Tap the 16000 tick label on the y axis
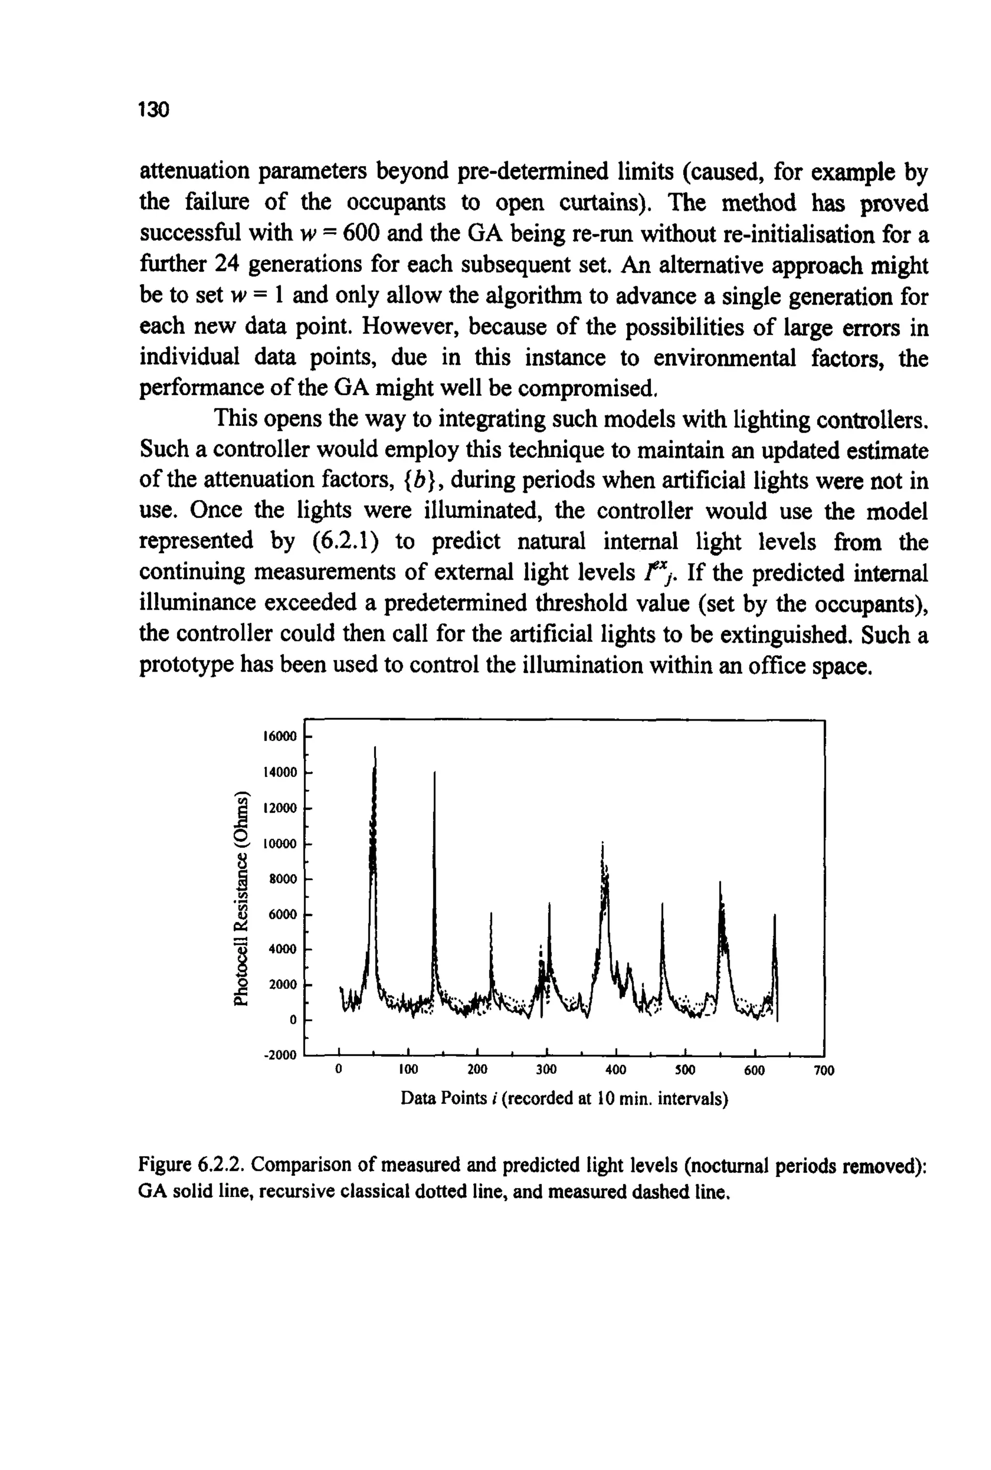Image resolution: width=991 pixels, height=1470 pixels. [x=279, y=736]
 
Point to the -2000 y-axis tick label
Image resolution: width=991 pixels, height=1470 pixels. [x=279, y=1055]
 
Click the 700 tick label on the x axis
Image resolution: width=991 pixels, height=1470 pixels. [x=824, y=1070]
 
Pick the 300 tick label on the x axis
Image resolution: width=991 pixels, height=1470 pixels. [x=546, y=1070]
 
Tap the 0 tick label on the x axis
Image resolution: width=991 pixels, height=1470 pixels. [x=339, y=1070]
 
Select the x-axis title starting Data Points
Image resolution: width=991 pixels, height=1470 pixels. [x=564, y=1098]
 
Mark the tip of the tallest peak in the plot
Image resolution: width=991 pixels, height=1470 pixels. [x=375, y=748]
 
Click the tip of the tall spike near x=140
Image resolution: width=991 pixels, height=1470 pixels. [x=435, y=772]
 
